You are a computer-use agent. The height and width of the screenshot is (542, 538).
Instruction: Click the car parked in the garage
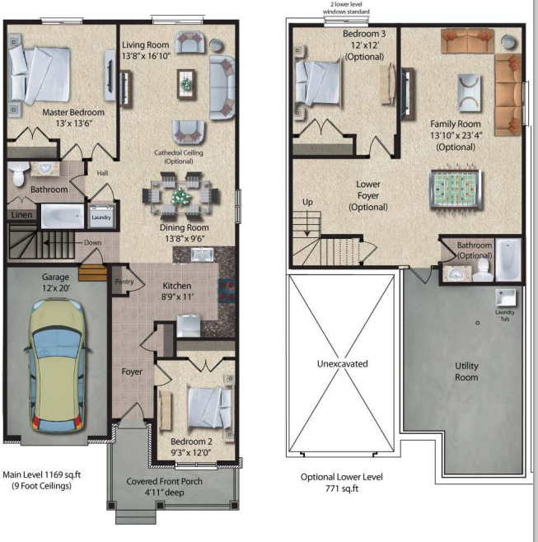coord(58,367)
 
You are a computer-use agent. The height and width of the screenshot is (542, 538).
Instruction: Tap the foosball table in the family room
coord(456,189)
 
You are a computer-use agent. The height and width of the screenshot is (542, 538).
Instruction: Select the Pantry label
coord(124,282)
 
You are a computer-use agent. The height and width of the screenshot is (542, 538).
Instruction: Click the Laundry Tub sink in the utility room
coord(506,297)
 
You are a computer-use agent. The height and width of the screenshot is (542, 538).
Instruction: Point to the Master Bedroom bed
coord(40,75)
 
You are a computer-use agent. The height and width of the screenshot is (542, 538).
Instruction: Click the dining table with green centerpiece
coord(180,196)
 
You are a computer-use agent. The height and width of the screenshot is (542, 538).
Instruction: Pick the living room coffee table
coord(186,84)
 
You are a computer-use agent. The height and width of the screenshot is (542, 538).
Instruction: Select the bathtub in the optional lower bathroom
coord(508,259)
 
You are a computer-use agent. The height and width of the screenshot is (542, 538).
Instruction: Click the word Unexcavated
coord(342,363)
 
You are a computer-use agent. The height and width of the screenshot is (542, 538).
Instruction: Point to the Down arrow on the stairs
coord(63,243)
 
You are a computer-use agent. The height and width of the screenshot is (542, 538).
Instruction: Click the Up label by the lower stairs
coord(307,202)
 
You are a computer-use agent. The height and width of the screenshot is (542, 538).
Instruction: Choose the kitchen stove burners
coord(227,291)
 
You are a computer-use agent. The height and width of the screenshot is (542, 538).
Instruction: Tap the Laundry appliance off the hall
coord(101,217)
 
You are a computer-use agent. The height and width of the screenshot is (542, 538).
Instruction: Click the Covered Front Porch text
coord(164,481)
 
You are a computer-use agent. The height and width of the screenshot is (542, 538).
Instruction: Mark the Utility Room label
coord(466,371)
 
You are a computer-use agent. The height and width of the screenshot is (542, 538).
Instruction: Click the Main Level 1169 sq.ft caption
coord(41,474)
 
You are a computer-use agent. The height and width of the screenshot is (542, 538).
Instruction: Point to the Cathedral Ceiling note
coord(179,157)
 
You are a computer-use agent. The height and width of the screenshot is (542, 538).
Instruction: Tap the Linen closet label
coord(21,215)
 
